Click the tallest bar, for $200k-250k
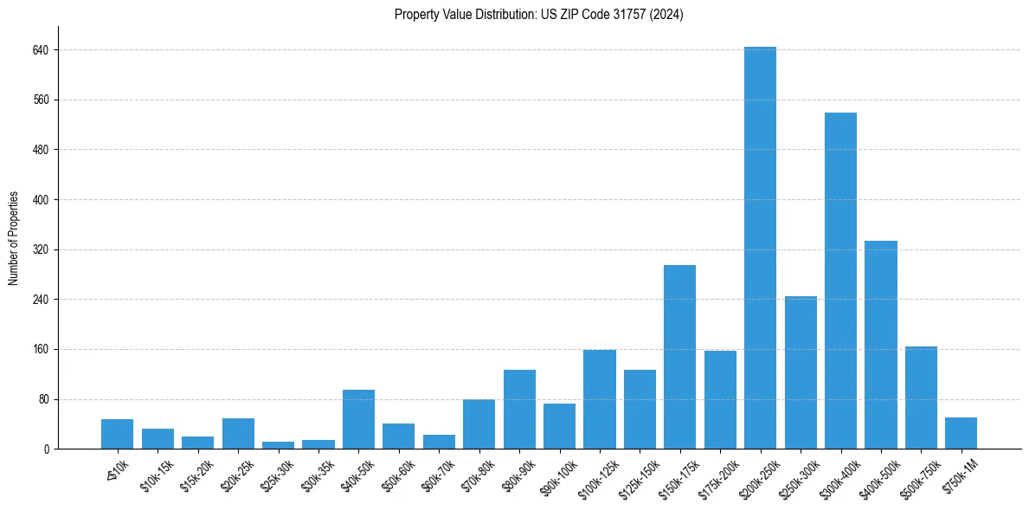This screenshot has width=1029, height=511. click(760, 248)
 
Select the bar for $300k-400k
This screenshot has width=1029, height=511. click(840, 281)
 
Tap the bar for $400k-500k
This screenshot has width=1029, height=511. click(880, 345)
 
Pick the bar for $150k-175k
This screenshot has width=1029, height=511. click(679, 357)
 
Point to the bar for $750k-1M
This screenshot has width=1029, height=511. click(961, 433)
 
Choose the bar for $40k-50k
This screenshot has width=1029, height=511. click(358, 419)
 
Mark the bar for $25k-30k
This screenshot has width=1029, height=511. click(278, 445)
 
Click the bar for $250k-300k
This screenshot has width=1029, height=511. click(801, 372)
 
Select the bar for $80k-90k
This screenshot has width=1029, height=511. click(519, 409)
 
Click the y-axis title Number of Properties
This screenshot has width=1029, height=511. click(13, 238)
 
